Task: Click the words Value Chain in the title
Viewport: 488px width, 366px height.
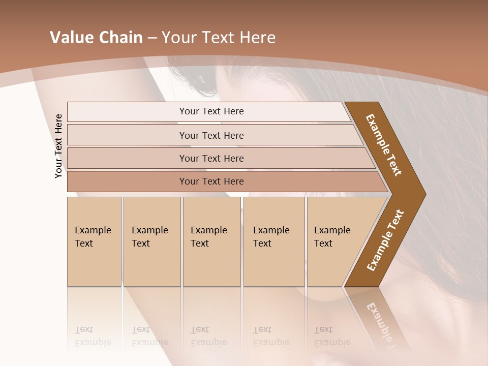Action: [x=96, y=38]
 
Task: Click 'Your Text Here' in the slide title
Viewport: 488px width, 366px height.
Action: [x=219, y=38]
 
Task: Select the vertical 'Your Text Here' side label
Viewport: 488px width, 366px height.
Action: [x=58, y=146]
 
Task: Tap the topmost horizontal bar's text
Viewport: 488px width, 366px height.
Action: [x=211, y=111]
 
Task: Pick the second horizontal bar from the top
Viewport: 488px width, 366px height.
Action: [x=211, y=135]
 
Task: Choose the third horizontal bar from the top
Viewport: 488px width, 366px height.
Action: [x=211, y=158]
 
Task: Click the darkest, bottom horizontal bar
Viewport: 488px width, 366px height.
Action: [x=211, y=181]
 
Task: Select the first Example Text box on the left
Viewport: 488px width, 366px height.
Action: [x=94, y=241]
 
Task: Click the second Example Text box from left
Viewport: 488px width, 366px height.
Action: [x=151, y=241]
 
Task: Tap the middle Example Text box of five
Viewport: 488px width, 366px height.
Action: [x=211, y=241]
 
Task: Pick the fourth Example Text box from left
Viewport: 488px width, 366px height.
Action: [x=273, y=241]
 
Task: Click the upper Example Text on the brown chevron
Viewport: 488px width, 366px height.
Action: [x=384, y=145]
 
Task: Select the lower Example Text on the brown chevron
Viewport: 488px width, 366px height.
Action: [x=385, y=240]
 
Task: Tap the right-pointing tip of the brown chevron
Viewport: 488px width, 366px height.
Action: [x=423, y=194]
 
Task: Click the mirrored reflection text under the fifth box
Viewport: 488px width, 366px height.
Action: [x=332, y=336]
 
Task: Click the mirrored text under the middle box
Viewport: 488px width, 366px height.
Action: [x=208, y=336]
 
